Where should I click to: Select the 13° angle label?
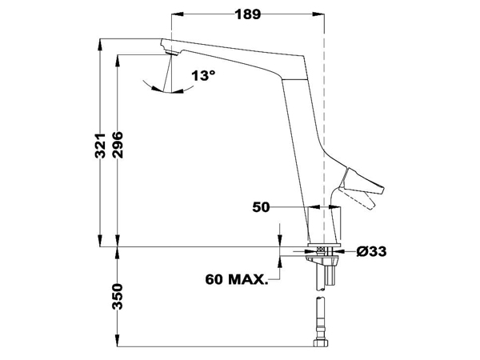pos(203,76)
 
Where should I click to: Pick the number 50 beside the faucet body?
pos(260,207)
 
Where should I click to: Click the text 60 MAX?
pos(236,280)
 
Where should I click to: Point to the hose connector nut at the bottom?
pos(322,344)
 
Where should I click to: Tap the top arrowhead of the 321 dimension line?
pos(99,42)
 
